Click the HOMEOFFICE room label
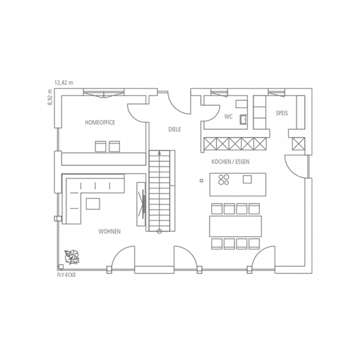pyautogui.click(x=100, y=122)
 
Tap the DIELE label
pyautogui.click(x=174, y=129)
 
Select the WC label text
pyautogui.click(x=228, y=116)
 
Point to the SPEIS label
pyautogui.click(x=281, y=113)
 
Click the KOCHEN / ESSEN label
pyautogui.click(x=230, y=161)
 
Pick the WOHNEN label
pyautogui.click(x=109, y=231)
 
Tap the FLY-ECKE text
pyautogui.click(x=66, y=275)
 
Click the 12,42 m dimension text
pyautogui.click(x=63, y=82)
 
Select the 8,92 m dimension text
pyautogui.click(x=50, y=97)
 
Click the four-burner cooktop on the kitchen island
pyautogui.click(x=223, y=179)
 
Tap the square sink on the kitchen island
pyautogui.click(x=247, y=179)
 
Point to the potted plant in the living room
pyautogui.click(x=72, y=257)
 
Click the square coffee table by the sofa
pyautogui.click(x=93, y=204)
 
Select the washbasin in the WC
pyautogui.click(x=243, y=119)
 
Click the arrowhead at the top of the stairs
pyautogui.click(x=159, y=152)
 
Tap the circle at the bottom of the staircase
pyautogui.click(x=159, y=231)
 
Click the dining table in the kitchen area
pyautogui.click(x=235, y=226)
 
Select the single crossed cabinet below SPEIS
pyautogui.click(x=298, y=143)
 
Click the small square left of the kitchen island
pyautogui.click(x=201, y=180)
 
